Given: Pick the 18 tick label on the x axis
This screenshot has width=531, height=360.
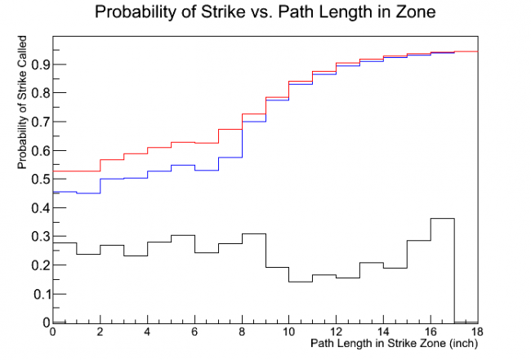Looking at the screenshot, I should (477, 333).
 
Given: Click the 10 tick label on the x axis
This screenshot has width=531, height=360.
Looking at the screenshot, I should (288, 333).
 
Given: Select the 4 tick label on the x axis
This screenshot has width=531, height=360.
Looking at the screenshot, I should (147, 333).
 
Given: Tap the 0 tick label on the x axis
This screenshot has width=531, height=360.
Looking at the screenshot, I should (53, 333).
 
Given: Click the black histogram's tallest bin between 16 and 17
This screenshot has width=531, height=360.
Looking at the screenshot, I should (442, 219).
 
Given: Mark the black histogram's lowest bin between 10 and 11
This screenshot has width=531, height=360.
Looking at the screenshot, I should (301, 282).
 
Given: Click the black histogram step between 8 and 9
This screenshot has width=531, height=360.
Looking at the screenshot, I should (253, 234).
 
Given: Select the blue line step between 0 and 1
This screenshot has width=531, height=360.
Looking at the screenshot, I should (65, 192).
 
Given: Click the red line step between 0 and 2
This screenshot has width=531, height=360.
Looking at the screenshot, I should (76, 171).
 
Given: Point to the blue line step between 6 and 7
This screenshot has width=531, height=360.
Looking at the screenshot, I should (206, 171).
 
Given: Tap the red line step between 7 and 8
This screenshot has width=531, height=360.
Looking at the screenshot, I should (230, 129).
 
